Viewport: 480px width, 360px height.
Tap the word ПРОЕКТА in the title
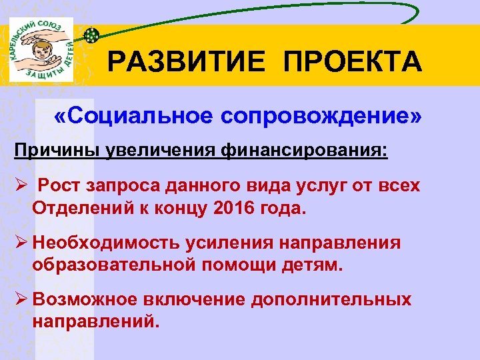353,63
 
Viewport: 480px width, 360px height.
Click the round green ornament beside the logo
91,33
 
